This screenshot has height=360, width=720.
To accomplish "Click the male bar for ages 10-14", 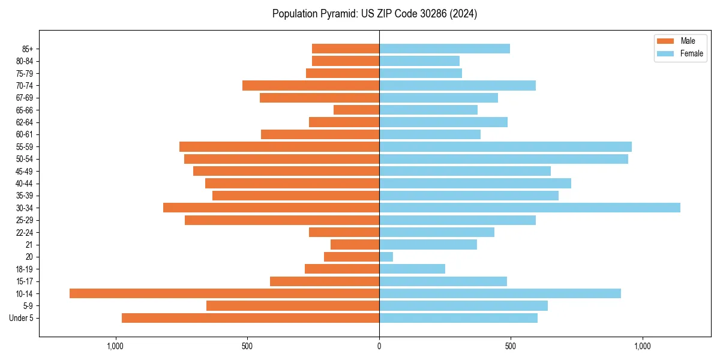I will click(x=224, y=293).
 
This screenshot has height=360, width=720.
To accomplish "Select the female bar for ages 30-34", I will click(x=529, y=208).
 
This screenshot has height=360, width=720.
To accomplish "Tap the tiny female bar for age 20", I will click(x=386, y=257).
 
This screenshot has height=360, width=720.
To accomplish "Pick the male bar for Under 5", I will click(x=250, y=318).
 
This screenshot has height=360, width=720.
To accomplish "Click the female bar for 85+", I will click(x=444, y=49).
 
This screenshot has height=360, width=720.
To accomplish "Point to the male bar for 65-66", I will click(x=356, y=110).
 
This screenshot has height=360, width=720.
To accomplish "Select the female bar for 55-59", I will click(x=505, y=146).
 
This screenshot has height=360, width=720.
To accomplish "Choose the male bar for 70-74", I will click(x=311, y=85).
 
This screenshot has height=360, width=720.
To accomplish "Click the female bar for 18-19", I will click(x=412, y=269).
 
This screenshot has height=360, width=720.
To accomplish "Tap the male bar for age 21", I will click(x=355, y=244).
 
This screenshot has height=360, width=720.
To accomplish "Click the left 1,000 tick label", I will click(x=115, y=346).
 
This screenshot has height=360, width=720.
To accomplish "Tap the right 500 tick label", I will click(x=511, y=346).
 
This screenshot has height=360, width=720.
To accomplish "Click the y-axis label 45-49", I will click(x=25, y=171).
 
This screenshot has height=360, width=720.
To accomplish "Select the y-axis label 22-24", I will click(x=25, y=232).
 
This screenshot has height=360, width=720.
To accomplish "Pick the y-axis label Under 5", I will click(x=22, y=318).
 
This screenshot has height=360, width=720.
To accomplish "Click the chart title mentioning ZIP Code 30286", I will click(x=374, y=14).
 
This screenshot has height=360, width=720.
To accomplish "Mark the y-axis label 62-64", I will click(x=25, y=122).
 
